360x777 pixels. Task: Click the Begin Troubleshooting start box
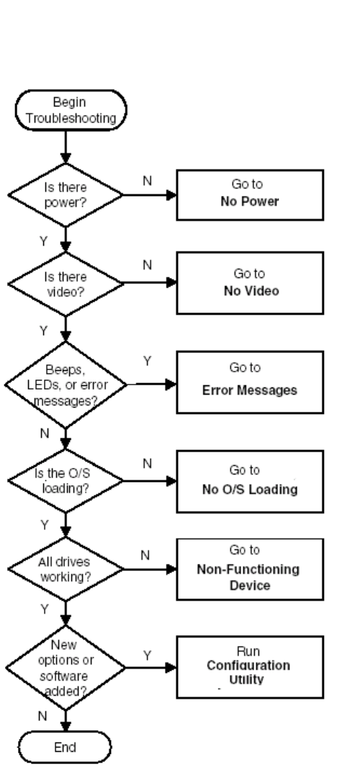tap(71, 110)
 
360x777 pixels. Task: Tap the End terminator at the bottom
tap(65, 747)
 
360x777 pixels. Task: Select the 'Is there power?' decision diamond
tap(66, 194)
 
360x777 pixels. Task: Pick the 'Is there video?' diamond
tap(66, 284)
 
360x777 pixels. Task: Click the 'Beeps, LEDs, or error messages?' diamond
tap(66, 385)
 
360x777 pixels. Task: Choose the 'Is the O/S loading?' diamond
tap(66, 480)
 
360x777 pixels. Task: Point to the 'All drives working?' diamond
tap(66, 570)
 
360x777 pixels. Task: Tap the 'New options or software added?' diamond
tap(66, 668)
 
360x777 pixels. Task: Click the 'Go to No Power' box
tap(250, 194)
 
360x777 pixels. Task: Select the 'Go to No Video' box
tap(250, 283)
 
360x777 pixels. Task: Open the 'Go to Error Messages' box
tap(250, 382)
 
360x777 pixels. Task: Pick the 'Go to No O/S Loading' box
tap(250, 481)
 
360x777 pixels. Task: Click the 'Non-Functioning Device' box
tap(250, 570)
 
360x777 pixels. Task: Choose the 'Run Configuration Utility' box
tap(250, 667)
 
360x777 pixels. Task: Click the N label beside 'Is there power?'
tap(147, 181)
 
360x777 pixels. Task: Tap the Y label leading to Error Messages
tap(147, 361)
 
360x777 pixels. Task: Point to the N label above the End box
tap(42, 716)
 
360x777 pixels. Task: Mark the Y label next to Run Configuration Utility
tap(147, 655)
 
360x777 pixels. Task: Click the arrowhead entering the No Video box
tap(171, 282)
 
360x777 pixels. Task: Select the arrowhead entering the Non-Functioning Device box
tap(171, 570)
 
